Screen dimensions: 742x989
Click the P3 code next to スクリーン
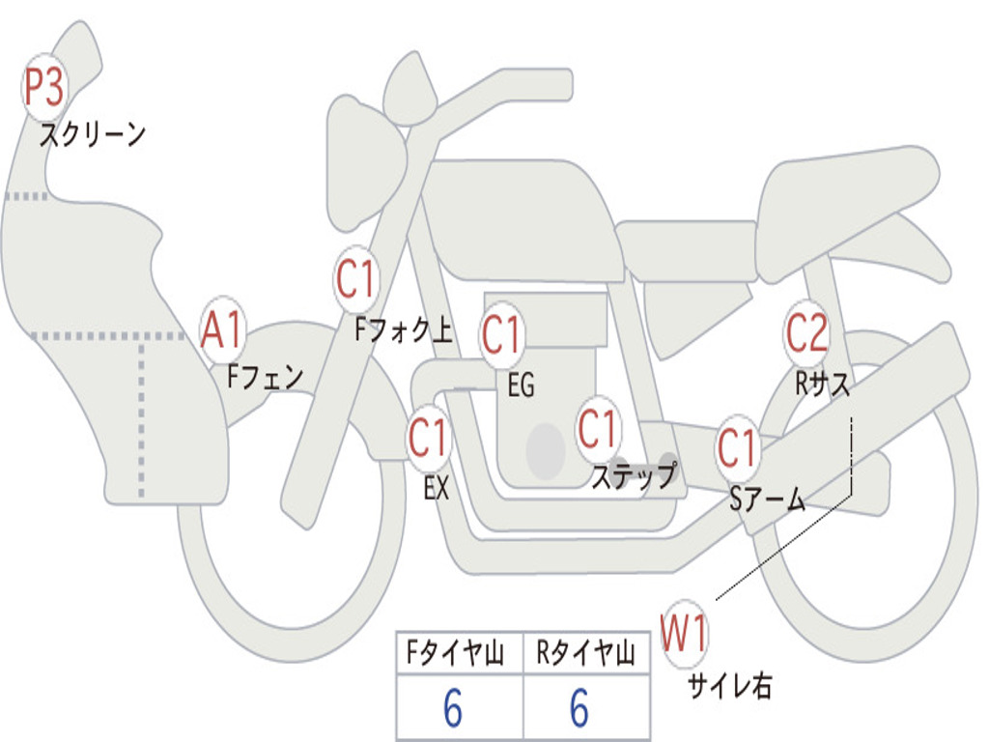tap(43, 90)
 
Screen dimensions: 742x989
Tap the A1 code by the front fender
tap(224, 330)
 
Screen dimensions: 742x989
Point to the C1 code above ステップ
tap(598, 428)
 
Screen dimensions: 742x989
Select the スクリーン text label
tap(93, 134)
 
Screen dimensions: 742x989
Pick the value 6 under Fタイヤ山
tap(453, 709)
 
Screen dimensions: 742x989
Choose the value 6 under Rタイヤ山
tap(579, 709)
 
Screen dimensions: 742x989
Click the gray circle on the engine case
tap(546, 450)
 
